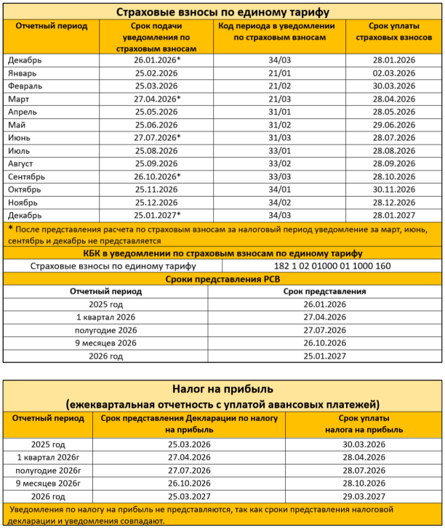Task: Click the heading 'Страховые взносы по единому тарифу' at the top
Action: pyautogui.click(x=222, y=12)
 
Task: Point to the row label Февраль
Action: pyautogui.click(x=25, y=86)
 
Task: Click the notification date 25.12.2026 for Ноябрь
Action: pyautogui.click(x=156, y=203)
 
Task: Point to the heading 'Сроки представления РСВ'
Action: pyautogui.click(x=222, y=279)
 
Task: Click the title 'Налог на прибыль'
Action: pyautogui.click(x=222, y=391)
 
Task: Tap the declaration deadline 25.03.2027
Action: pyautogui.click(x=189, y=497)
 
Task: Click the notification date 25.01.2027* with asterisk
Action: pyautogui.click(x=157, y=216)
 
